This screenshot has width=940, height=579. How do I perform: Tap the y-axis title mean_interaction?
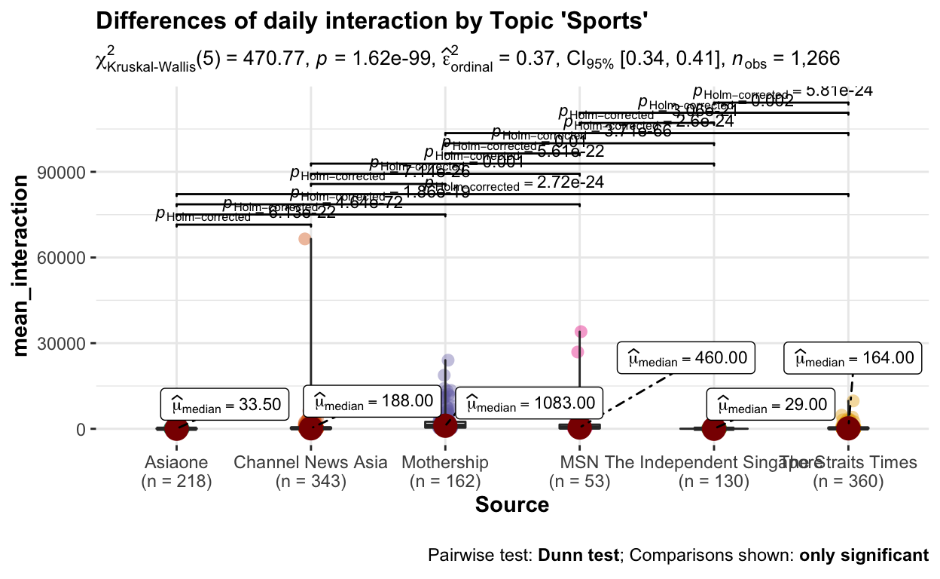[x=23, y=265]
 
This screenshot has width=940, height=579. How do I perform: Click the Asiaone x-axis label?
[x=176, y=462]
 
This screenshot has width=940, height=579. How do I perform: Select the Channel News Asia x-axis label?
[x=311, y=462]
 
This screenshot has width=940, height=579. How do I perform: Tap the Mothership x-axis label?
[x=445, y=462]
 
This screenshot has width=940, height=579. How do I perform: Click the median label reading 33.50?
[x=224, y=405]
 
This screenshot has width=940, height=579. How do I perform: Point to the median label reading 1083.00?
[x=530, y=406]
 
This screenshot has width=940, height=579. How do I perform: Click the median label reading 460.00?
[x=686, y=358]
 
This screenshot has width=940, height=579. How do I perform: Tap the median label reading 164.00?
[x=853, y=358]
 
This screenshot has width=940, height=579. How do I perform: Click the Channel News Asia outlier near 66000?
[x=305, y=239]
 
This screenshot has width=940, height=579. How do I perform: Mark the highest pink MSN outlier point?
[x=581, y=332]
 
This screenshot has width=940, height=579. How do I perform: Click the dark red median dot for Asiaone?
[x=176, y=428]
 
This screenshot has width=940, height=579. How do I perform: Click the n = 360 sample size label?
[x=849, y=481]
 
